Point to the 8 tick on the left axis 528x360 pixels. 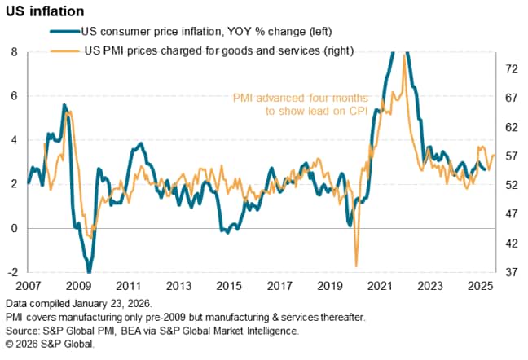point(14,52)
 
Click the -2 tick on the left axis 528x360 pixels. point(12,272)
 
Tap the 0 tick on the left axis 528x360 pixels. point(14,228)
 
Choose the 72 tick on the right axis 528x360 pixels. point(510,70)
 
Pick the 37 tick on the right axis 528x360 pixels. point(510,272)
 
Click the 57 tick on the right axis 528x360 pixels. point(510,156)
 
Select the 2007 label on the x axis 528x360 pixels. point(29,287)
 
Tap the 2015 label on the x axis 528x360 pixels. point(228,287)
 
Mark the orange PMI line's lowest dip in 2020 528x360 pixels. point(356,265)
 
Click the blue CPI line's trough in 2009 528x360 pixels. point(89,271)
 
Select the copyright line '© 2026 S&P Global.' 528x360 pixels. point(50,345)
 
